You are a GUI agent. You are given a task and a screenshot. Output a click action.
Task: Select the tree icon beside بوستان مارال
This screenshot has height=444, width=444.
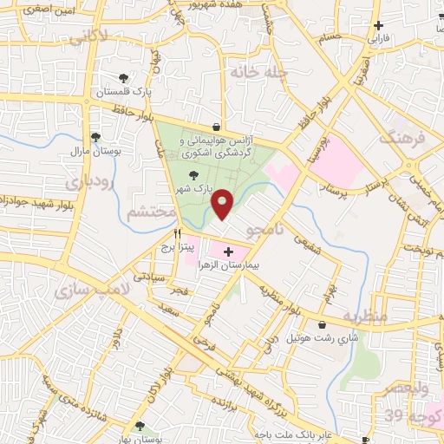[x=95, y=137]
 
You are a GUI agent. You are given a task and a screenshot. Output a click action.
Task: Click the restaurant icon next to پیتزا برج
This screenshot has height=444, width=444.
[x=177, y=233]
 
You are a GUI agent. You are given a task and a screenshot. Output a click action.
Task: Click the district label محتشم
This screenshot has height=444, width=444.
[x=144, y=214]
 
